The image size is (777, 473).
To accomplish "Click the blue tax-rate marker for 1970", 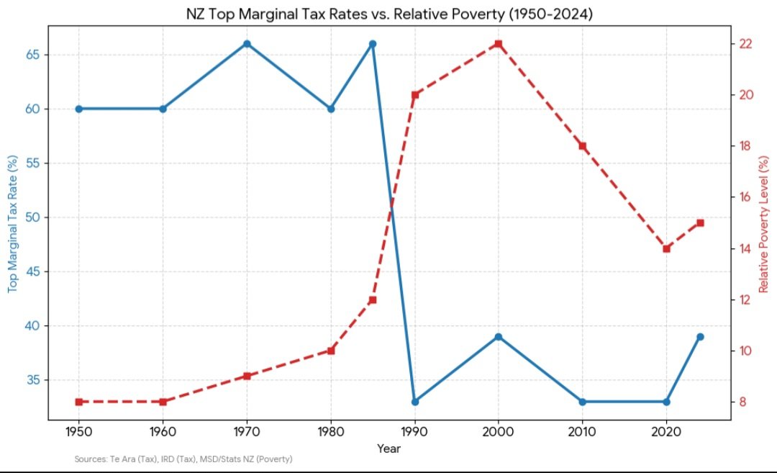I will (247, 44).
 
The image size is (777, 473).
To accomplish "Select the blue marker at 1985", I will (373, 44).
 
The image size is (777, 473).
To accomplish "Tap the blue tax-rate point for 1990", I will (414, 402).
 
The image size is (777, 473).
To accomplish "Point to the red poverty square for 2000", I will (498, 44).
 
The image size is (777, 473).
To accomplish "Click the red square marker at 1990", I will (414, 95).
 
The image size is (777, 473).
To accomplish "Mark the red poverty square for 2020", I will (666, 248).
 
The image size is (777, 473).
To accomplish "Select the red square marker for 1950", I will (78, 402).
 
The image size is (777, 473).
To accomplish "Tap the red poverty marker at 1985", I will (373, 299).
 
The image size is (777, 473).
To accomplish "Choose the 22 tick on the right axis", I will (745, 44).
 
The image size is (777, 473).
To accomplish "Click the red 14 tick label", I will (745, 248).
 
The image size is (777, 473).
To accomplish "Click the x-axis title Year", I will (389, 449).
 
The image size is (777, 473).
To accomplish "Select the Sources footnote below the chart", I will (183, 459).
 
